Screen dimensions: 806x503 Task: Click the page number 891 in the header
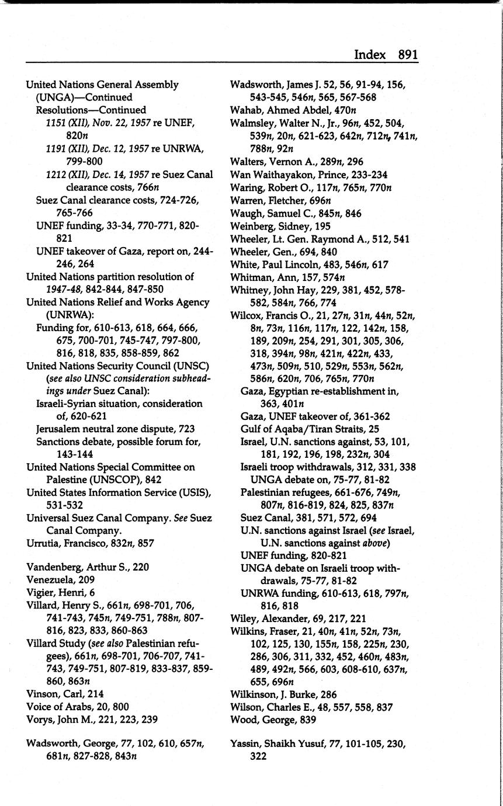[408, 55]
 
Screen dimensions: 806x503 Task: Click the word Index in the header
[370, 55]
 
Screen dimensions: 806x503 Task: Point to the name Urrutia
[43, 543]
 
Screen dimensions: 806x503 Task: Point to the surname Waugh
[246, 213]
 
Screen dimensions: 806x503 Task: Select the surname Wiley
[244, 618]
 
